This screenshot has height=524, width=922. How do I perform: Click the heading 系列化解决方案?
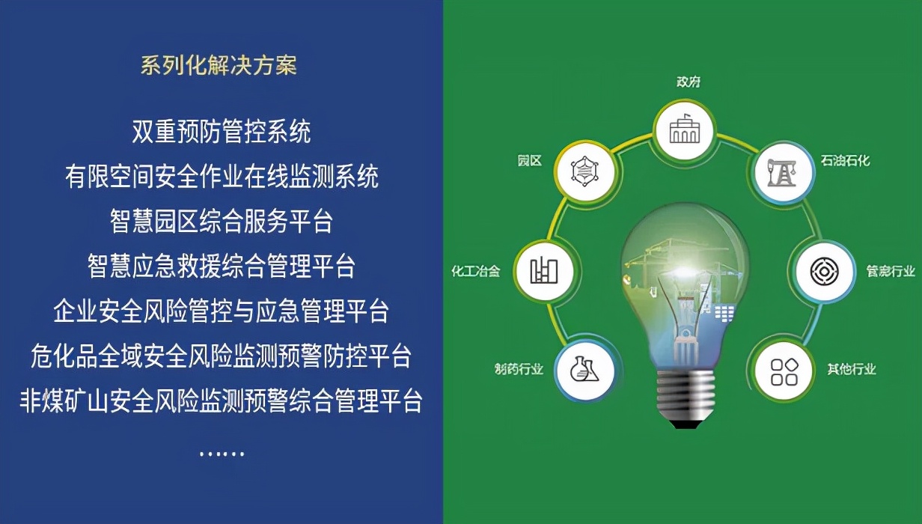(219, 65)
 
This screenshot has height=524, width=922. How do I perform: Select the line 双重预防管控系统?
(222, 132)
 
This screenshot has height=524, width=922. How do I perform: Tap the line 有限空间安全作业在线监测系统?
(222, 177)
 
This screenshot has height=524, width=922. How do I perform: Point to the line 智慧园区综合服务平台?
(222, 221)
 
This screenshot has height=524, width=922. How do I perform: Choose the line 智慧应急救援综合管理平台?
(222, 266)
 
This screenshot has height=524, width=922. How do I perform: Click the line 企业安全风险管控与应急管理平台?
(222, 311)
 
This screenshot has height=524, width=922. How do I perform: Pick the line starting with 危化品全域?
(222, 356)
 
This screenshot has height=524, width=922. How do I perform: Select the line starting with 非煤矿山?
(222, 400)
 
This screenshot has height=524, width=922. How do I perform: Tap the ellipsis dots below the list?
(222, 454)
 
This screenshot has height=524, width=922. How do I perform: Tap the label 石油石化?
(845, 160)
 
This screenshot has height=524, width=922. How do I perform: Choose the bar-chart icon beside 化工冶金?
(544, 271)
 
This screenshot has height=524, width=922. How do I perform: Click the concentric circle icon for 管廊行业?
(822, 271)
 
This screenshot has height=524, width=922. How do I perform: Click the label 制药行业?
(519, 369)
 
